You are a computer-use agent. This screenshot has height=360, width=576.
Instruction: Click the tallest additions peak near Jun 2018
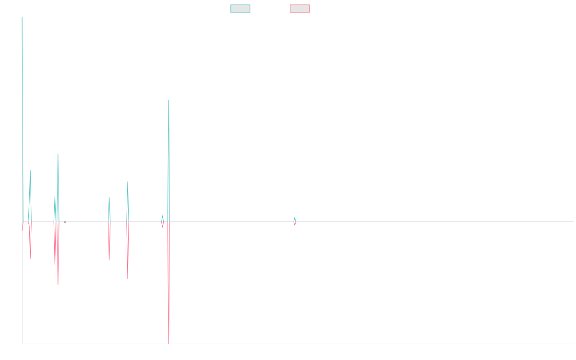click(168, 100)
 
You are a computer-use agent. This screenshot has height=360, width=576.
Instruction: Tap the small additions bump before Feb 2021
click(295, 217)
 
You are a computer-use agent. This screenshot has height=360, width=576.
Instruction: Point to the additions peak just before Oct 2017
click(128, 182)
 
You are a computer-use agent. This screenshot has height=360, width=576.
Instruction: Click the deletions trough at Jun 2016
click(58, 285)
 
